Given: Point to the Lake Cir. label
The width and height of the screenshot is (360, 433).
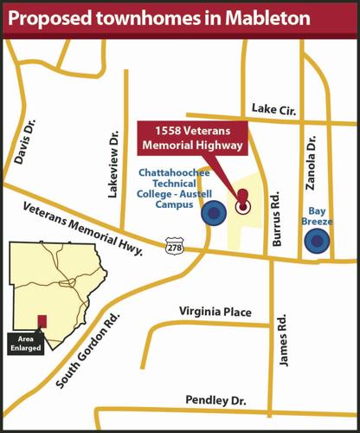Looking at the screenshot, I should [x=275, y=108].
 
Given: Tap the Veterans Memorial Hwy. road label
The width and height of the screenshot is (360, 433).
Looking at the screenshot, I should [x=83, y=227].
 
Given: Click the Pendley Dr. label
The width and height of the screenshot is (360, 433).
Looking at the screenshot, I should [x=215, y=400].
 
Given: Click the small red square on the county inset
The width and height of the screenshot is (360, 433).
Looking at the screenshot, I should [x=41, y=322].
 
